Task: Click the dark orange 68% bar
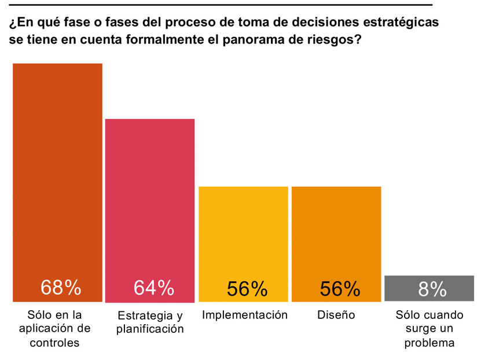tap(57, 174)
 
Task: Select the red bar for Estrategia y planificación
tap(149, 203)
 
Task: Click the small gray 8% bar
tap(429, 288)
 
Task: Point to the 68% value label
tap(61, 288)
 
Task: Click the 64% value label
tap(154, 288)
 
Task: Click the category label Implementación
tap(245, 315)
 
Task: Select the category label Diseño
tap(336, 315)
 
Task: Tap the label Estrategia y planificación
tap(150, 322)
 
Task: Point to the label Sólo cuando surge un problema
tap(429, 329)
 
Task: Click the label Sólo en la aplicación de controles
tap(55, 329)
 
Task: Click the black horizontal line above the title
tap(220, 5)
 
